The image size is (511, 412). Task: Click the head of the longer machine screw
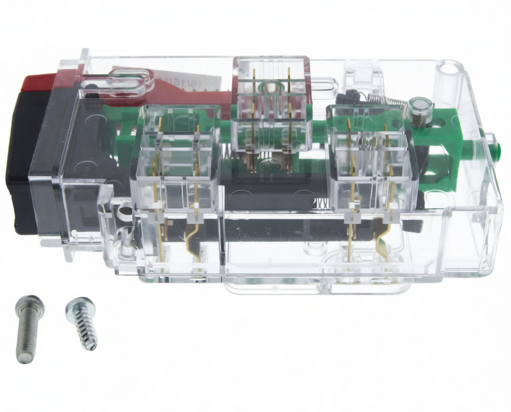click(30, 305)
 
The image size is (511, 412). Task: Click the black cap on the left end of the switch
click(20, 160)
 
